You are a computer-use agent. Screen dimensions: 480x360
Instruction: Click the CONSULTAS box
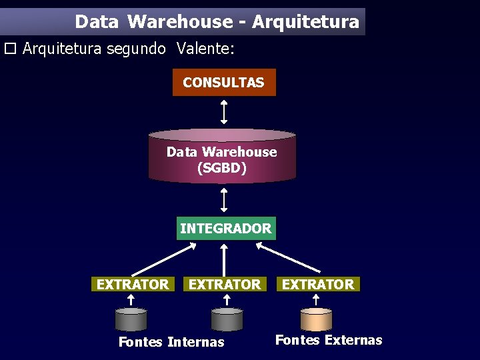coord(223,83)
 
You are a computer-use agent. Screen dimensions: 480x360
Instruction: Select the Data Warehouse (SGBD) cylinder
coord(221,157)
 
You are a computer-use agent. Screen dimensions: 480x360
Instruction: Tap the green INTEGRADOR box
coord(225,228)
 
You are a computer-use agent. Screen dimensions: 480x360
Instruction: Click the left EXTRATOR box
coord(133,285)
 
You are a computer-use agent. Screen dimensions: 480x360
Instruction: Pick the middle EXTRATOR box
coord(225,285)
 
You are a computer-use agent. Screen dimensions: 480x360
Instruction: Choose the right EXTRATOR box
coord(318,285)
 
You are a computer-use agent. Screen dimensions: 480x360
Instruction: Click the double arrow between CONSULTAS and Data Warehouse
coord(224,112)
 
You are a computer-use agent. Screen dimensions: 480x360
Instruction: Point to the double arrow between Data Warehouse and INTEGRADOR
coord(224,200)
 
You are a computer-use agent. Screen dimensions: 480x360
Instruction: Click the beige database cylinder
coord(316,319)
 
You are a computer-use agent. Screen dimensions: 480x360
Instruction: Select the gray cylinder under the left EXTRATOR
coord(131,319)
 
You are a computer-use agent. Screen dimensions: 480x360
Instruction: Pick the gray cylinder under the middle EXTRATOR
coord(227,319)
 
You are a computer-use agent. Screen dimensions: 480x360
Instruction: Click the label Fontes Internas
coord(171,342)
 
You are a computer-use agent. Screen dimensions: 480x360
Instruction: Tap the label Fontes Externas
coord(329,340)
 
